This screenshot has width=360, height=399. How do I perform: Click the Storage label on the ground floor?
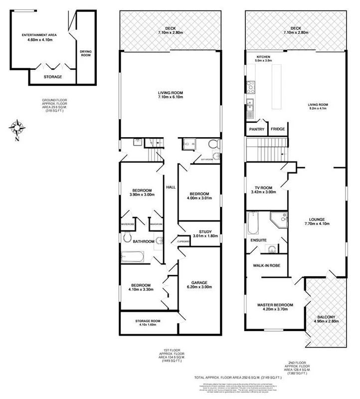(x=52, y=77)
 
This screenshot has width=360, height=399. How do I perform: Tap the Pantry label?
(x=257, y=129)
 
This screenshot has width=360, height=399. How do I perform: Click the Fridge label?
(x=277, y=129)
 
